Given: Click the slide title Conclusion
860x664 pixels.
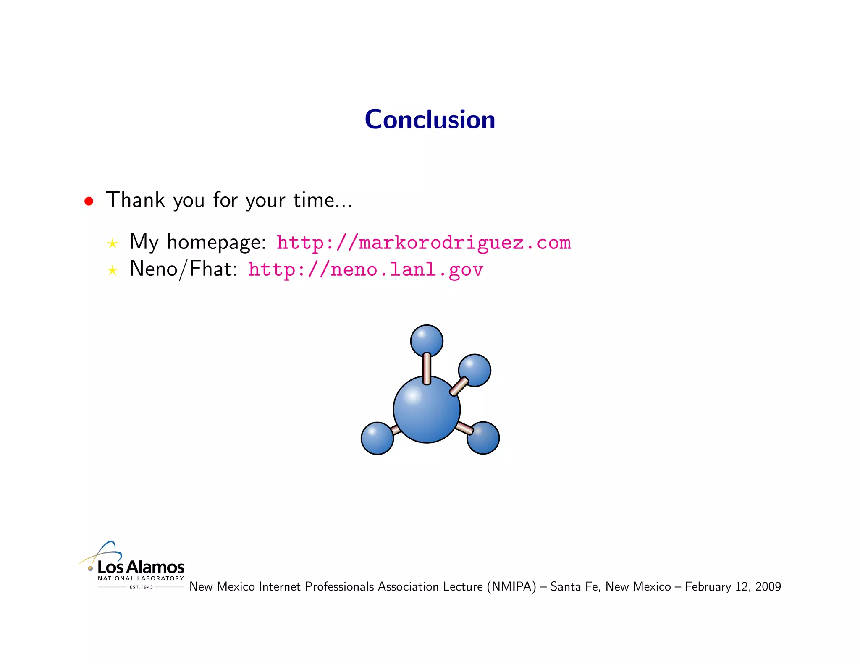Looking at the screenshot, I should click(x=430, y=120).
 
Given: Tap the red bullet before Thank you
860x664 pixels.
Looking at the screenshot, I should click(x=89, y=201).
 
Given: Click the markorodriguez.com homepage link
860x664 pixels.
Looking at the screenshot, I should click(x=423, y=243).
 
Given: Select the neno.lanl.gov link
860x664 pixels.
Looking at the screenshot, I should click(x=365, y=269).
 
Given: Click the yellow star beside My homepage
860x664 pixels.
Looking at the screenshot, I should click(x=112, y=243).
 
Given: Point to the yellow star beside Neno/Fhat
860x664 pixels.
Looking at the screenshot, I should click(x=112, y=270).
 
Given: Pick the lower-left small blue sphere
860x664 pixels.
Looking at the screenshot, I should click(x=377, y=439).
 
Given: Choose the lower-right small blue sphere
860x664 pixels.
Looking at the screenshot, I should click(x=484, y=438).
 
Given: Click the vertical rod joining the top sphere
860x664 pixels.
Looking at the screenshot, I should click(x=427, y=369).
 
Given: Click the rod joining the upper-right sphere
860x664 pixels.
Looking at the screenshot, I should click(x=459, y=386).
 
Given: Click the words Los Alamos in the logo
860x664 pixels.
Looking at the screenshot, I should click(x=141, y=567).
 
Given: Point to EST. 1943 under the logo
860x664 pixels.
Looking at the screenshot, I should click(x=141, y=587).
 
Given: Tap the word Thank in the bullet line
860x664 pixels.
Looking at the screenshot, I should click(x=135, y=200).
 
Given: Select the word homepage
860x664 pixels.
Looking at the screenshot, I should click(x=216, y=243).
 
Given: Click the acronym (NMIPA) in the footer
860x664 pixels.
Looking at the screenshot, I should click(x=511, y=586).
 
